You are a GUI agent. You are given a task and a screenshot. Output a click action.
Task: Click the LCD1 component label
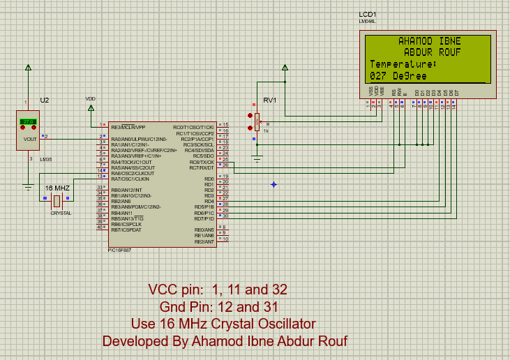coord(367,14)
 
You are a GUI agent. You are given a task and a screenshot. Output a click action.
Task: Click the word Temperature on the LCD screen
coord(402,64)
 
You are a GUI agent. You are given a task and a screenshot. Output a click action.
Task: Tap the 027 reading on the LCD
coord(378,75)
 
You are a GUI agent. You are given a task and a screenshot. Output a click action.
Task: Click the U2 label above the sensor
coord(45,100)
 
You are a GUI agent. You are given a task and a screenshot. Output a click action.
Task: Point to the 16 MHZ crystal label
coord(57,188)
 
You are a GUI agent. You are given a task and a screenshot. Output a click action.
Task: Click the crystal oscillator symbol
coord(57,201)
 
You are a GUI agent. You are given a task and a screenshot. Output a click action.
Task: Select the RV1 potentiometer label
coord(270,100)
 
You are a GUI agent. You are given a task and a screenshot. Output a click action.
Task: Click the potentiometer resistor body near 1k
coord(257,121)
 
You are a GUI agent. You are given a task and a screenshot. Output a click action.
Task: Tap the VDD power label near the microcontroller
coord(91,98)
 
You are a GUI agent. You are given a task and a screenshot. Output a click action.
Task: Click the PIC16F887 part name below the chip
coord(119,250)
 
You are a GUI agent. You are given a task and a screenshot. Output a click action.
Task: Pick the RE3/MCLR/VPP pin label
coord(128,128)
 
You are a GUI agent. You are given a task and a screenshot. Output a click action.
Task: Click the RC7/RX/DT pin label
coord(202,167)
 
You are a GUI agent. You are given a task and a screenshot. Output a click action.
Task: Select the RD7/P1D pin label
coord(204,218)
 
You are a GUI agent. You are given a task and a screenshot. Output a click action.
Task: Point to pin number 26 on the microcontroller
coord(225,165)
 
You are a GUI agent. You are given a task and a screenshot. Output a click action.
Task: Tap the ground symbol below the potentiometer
coord(257,161)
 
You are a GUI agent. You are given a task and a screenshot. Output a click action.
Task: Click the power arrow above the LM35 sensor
coord(28,68)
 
